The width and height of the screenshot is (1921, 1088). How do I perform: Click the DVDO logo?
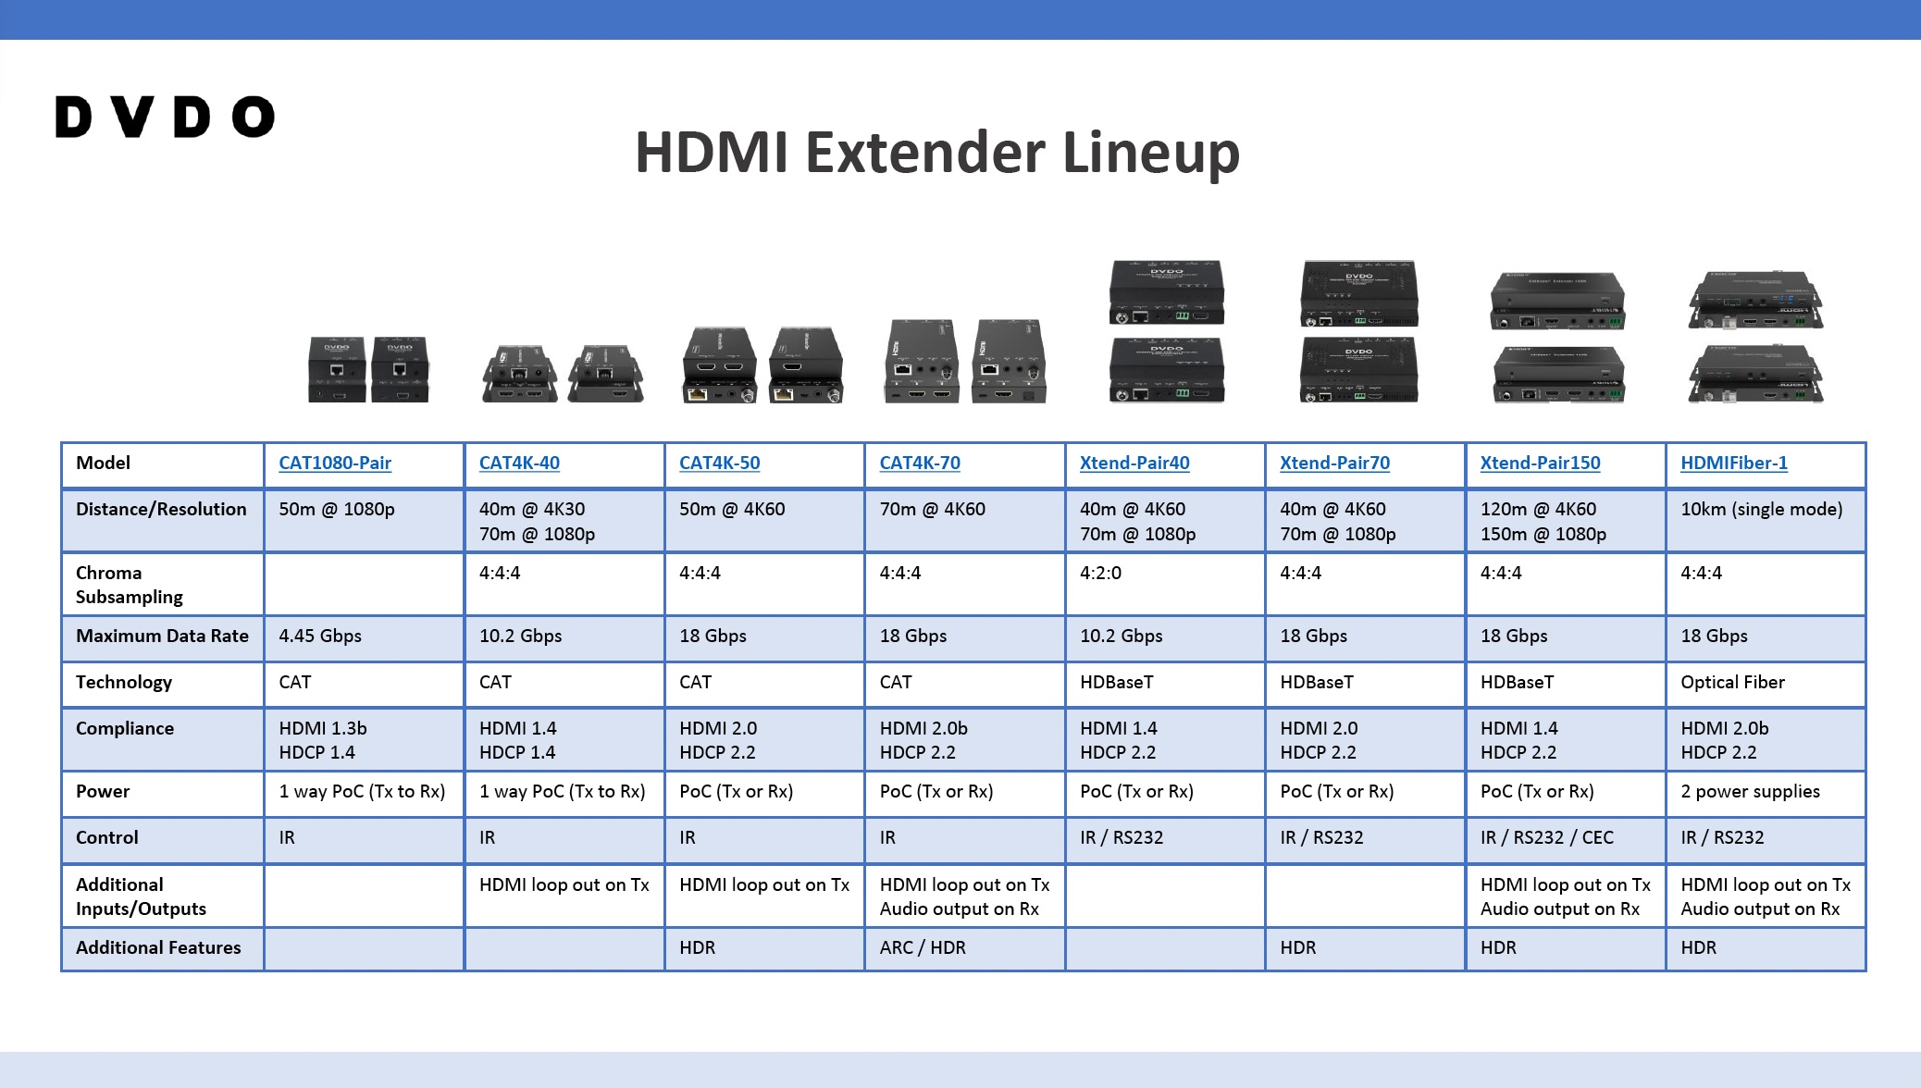pyautogui.click(x=165, y=117)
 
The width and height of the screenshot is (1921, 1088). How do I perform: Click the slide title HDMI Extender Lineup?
pyautogui.click(x=936, y=153)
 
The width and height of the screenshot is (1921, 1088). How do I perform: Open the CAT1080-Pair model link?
pyautogui.click(x=335, y=463)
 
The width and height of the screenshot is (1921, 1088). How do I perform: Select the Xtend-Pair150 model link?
pyautogui.click(x=1540, y=463)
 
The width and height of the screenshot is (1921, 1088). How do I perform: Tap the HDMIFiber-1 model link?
pyautogui.click(x=1734, y=463)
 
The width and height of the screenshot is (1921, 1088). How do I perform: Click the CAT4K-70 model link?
pyautogui.click(x=920, y=463)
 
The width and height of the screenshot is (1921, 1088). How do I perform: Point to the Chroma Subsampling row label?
pyautogui.click(x=130, y=585)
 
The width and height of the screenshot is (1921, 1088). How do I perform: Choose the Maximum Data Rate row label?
pyautogui.click(x=162, y=636)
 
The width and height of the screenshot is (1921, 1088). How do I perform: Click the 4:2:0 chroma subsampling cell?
pyautogui.click(x=1100, y=573)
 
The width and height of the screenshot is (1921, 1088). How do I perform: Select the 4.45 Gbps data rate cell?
pyautogui.click(x=320, y=636)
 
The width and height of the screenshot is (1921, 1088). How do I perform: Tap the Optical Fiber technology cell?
pyautogui.click(x=1732, y=682)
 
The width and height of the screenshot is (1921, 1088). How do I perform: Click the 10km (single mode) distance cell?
pyautogui.click(x=1761, y=509)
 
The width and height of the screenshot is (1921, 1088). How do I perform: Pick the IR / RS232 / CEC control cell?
pyautogui.click(x=1546, y=837)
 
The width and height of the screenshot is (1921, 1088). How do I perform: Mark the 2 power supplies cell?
pyautogui.click(x=1750, y=791)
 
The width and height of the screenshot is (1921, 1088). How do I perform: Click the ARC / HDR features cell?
pyautogui.click(x=923, y=947)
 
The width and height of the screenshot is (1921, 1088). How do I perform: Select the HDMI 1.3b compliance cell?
pyautogui.click(x=323, y=728)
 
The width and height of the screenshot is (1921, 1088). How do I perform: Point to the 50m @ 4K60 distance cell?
pyautogui.click(x=732, y=509)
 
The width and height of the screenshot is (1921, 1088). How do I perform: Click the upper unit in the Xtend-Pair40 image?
pyautogui.click(x=1167, y=292)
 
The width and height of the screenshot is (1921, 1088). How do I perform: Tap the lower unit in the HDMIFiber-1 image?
pyautogui.click(x=1755, y=374)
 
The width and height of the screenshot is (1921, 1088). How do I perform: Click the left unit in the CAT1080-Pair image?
pyautogui.click(x=337, y=369)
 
